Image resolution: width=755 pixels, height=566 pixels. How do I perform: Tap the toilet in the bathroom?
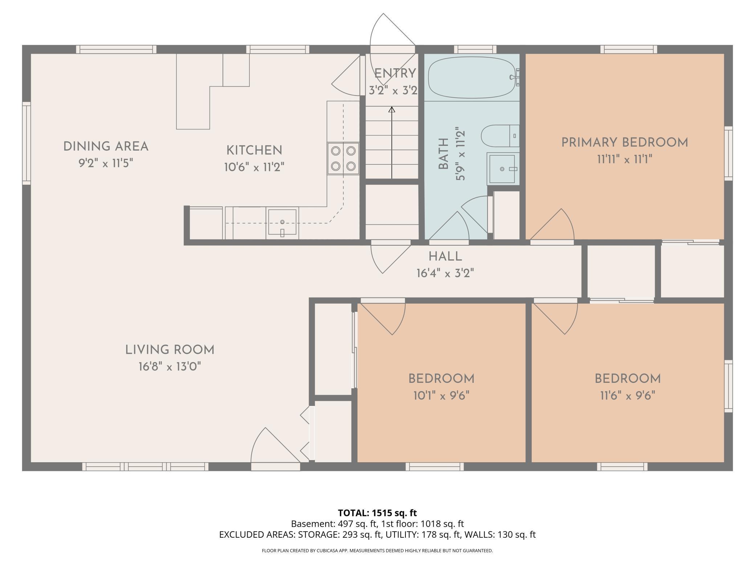500,136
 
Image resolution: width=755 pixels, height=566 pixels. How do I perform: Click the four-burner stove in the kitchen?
343,159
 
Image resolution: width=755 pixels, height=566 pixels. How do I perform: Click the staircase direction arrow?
392,143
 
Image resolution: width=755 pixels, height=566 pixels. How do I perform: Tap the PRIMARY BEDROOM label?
625,143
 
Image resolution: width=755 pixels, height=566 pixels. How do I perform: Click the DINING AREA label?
106,147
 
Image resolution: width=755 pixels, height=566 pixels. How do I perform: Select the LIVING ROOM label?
170,350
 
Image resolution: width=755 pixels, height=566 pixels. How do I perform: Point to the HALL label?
445,257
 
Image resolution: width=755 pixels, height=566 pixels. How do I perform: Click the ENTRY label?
395,73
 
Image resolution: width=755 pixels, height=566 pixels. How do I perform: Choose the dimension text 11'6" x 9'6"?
628,395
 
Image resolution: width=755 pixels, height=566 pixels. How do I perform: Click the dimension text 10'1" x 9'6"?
441,395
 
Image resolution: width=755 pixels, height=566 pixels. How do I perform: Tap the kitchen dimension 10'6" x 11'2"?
254,167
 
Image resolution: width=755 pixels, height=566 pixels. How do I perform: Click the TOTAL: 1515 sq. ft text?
377,513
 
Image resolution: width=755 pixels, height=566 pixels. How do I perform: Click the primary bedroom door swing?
552,225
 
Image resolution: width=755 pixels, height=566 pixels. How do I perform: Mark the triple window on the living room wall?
146,467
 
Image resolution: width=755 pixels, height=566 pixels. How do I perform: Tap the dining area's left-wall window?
26,143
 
